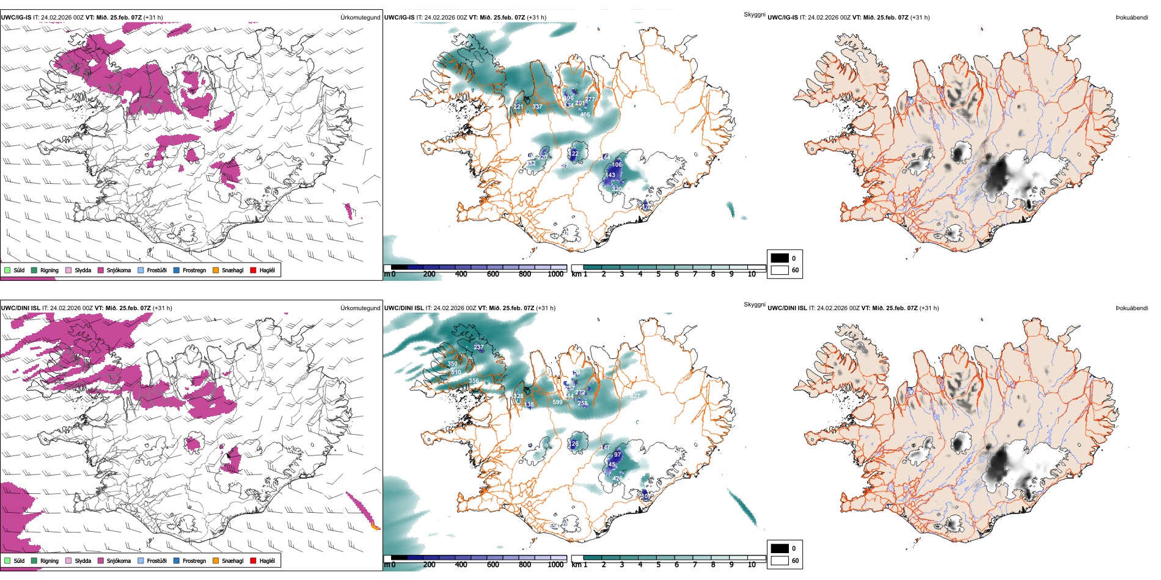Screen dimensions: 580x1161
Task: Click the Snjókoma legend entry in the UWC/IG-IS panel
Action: coord(119,270)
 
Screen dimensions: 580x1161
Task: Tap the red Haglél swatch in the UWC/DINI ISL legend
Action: coord(253,561)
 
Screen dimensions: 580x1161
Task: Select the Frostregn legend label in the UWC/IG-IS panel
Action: coord(194,270)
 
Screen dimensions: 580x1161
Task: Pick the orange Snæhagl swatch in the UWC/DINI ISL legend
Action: coord(216,561)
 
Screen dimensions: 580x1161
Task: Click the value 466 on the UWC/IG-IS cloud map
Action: coord(585,115)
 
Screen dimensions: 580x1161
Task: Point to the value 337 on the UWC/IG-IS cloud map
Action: coord(537,107)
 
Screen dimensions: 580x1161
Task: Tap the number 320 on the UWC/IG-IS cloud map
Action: coord(617,189)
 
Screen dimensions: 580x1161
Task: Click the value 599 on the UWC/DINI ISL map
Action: coord(557,402)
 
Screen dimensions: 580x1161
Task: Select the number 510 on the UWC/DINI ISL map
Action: coord(456,372)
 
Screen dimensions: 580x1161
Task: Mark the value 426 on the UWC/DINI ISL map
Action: coord(617,479)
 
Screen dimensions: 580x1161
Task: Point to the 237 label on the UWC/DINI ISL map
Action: coord(478,347)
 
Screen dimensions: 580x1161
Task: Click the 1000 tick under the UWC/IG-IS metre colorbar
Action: coord(555,275)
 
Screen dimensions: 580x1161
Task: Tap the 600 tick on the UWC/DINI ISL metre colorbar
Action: coord(493,565)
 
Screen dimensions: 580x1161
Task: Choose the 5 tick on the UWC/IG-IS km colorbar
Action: coord(659,275)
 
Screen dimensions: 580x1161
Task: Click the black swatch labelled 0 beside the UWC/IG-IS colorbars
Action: coord(780,258)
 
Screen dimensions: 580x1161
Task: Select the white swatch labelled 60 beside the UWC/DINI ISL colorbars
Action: coord(780,560)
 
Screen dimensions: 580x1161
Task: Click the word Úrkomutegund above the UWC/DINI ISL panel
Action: coord(360,308)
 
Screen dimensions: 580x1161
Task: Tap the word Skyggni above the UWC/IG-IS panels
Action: coord(754,15)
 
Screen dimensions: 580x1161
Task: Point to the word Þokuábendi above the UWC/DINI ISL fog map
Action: coord(1132,308)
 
